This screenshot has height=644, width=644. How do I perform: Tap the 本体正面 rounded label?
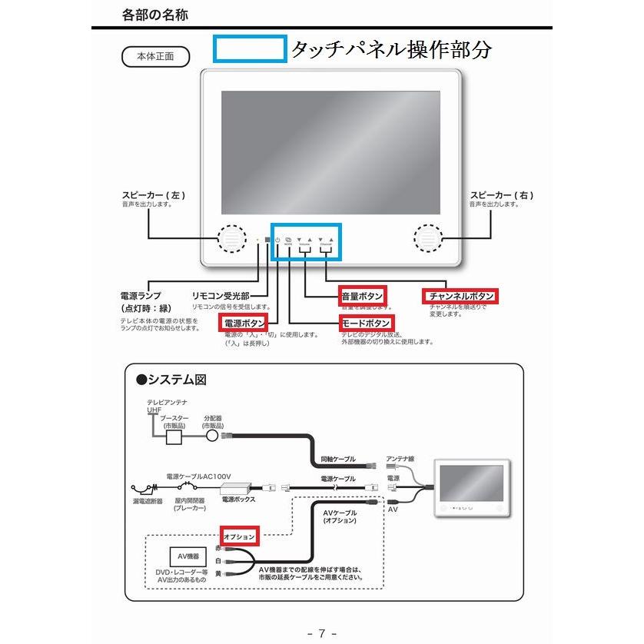155,57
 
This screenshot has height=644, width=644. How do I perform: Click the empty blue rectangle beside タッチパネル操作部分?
250,49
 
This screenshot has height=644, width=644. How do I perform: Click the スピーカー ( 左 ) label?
154,195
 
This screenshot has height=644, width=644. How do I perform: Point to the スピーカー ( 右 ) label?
501,195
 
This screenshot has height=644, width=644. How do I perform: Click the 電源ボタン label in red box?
244,323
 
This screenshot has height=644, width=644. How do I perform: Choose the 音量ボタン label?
362,295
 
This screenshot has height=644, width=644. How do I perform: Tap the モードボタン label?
366,323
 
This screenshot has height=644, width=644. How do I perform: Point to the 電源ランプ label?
141,295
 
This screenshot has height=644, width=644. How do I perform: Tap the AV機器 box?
188,556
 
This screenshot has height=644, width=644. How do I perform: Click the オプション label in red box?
239,534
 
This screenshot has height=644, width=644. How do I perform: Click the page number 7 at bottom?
322,633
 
